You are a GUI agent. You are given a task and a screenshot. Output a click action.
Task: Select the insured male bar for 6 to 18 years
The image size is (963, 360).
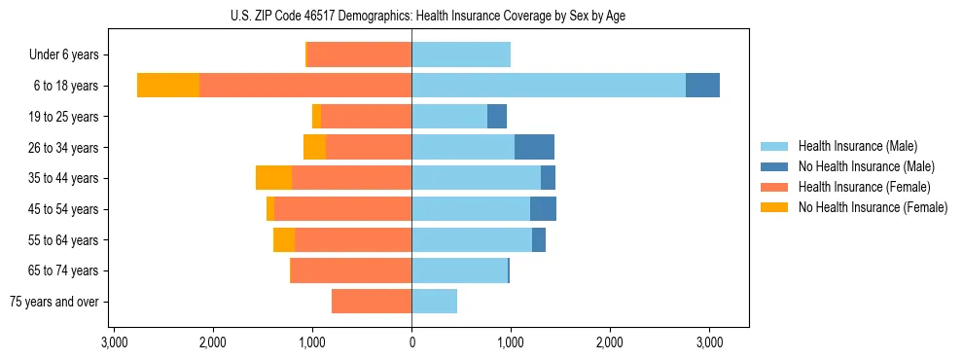(x=549, y=86)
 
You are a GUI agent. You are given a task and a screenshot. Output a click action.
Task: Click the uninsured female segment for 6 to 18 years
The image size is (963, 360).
(x=168, y=86)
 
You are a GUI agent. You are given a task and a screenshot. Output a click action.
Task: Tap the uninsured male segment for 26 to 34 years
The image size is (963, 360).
(x=534, y=147)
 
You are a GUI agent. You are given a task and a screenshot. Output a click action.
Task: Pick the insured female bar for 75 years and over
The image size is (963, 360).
(x=372, y=302)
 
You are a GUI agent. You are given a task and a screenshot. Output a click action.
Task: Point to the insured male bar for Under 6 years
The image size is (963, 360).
(x=461, y=54)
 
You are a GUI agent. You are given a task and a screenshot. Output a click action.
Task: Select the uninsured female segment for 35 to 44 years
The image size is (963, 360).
(x=273, y=178)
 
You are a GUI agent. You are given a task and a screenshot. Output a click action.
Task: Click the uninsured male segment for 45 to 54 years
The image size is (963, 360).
(x=543, y=209)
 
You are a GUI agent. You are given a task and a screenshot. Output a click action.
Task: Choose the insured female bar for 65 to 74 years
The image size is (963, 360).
(x=351, y=270)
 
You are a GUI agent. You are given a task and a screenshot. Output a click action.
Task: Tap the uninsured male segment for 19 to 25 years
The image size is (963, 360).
(x=497, y=117)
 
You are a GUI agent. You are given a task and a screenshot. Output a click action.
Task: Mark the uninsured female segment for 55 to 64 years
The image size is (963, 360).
(x=284, y=240)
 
